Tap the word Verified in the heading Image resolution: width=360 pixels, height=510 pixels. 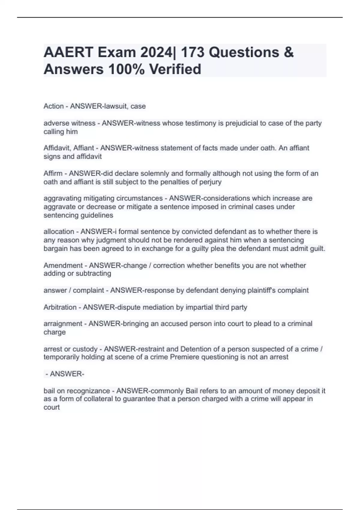click(175, 69)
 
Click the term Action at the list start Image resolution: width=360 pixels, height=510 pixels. click(53, 106)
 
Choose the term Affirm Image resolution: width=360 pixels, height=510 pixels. click(53, 173)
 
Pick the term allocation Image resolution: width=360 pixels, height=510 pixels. click(59, 232)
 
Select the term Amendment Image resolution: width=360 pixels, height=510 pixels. click(63, 265)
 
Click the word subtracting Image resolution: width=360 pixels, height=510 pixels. click(94, 274)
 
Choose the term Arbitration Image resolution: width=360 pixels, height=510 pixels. click(60, 307)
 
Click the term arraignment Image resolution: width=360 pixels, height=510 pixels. click(63, 324)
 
